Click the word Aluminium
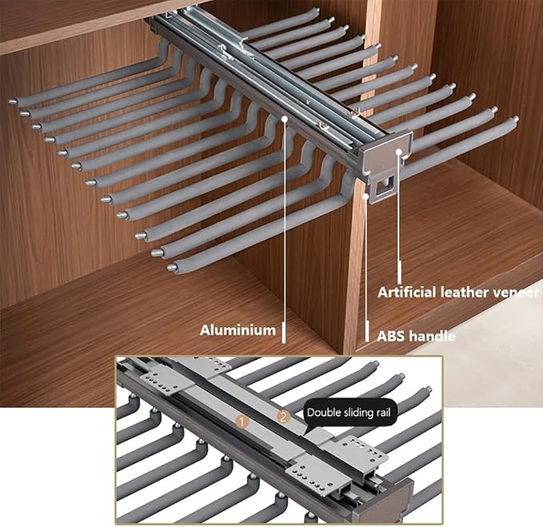tap(238, 330)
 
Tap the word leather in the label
tap(465, 293)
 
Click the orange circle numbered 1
tap(242, 422)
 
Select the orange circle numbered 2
tap(283, 417)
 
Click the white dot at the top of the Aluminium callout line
tap(285, 118)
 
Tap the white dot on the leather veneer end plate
tap(398, 151)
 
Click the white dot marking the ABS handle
tap(365, 197)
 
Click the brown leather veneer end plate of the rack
tap(385, 152)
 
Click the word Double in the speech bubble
tap(320, 413)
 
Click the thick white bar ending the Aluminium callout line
tap(284, 333)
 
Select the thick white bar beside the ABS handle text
tap(367, 332)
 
